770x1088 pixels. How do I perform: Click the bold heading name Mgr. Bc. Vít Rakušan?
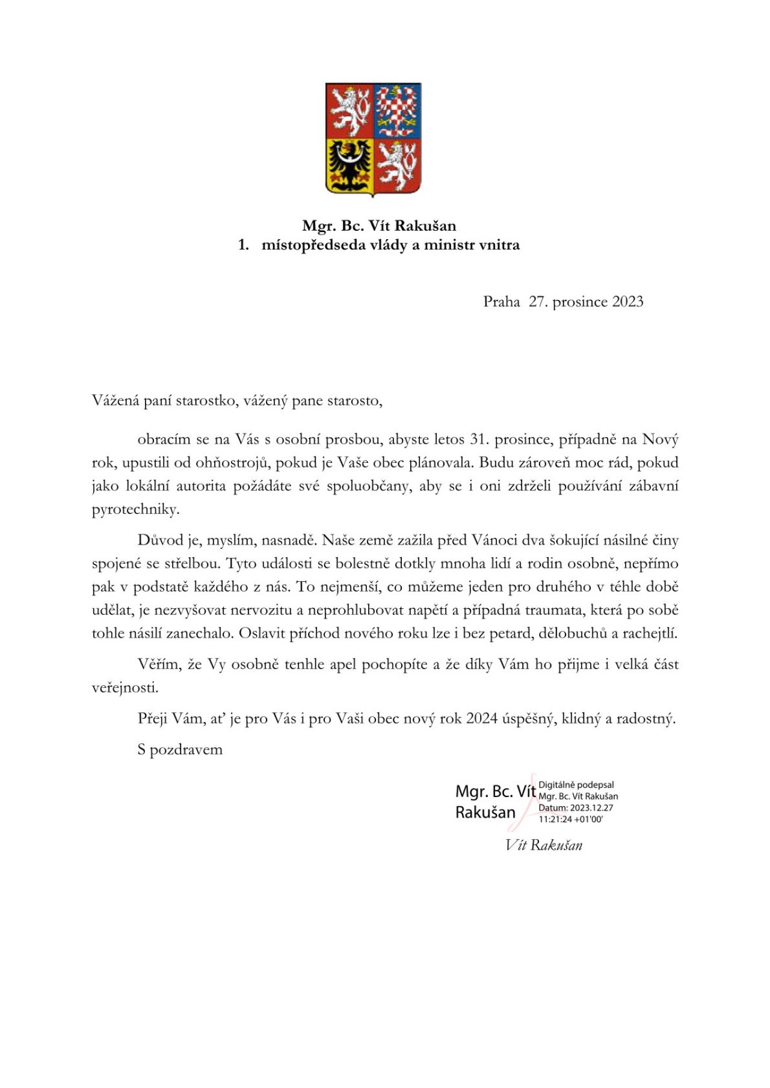tap(379, 226)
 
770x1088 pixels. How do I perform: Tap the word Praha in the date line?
tap(501, 302)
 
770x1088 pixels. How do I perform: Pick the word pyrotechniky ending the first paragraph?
tap(135, 510)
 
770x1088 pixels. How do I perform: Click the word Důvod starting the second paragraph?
tap(159, 540)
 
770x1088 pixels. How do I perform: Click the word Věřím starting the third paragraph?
tap(159, 665)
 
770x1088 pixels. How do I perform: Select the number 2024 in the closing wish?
tap(481, 719)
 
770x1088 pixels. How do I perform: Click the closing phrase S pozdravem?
tap(180, 750)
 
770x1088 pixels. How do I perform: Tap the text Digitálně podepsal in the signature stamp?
tap(576, 785)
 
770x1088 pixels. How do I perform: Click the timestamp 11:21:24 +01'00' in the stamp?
tap(570, 819)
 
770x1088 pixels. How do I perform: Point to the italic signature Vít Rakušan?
tap(544, 846)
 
